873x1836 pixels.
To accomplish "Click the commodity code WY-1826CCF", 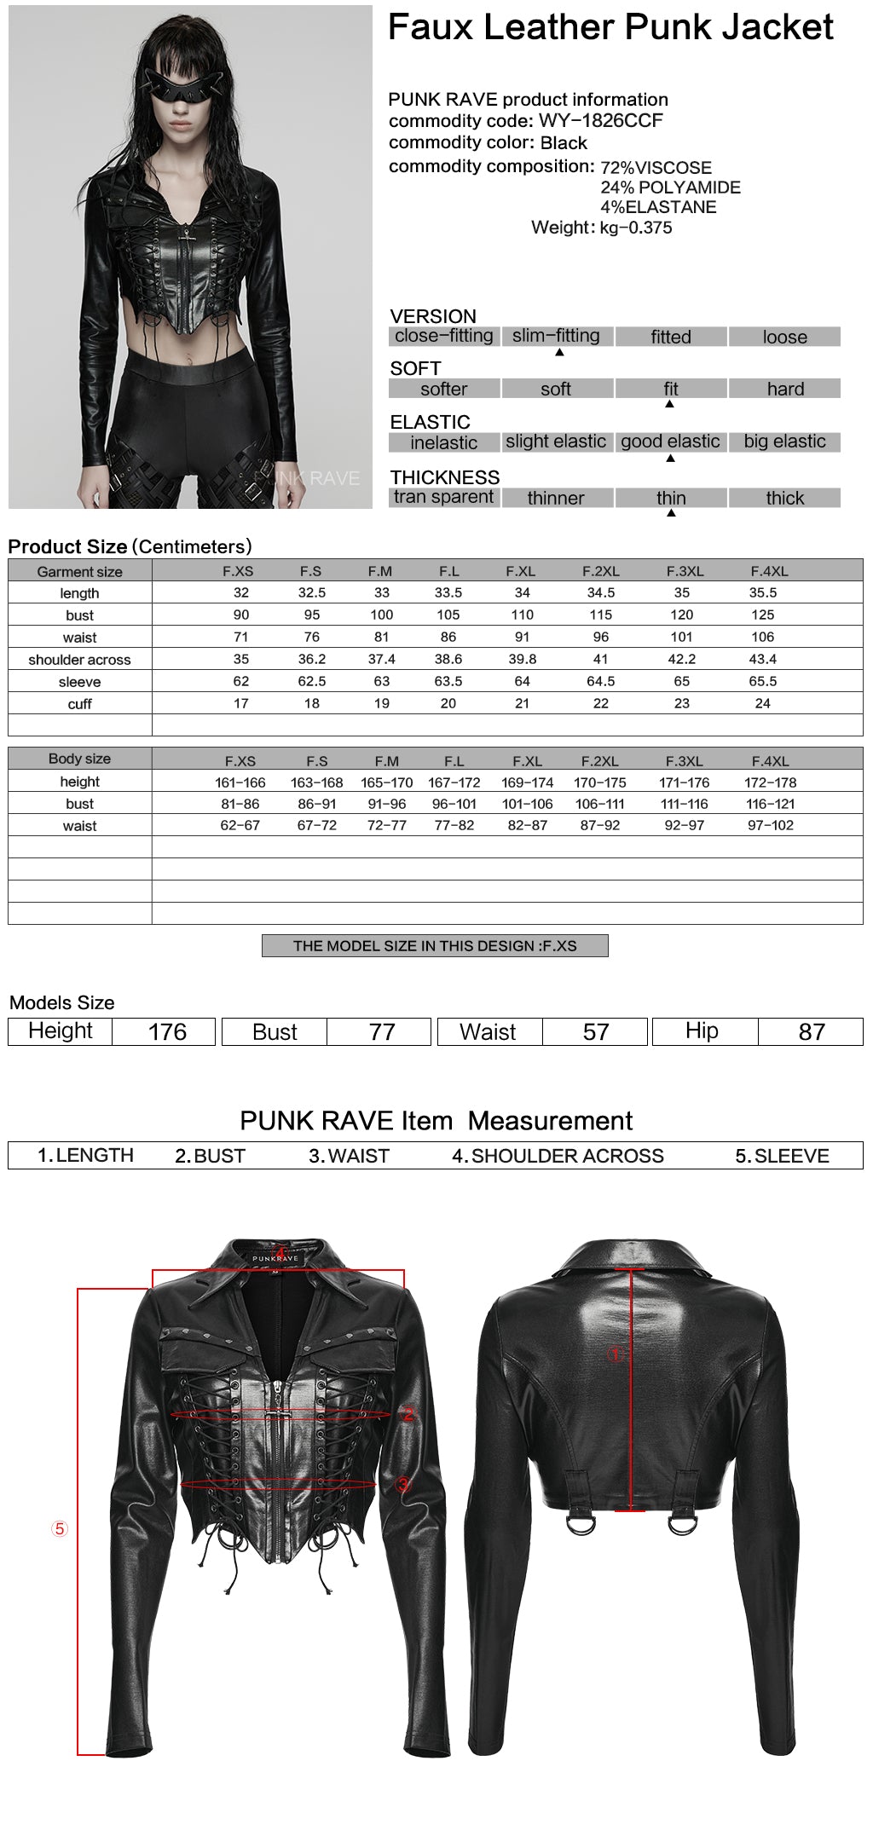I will click(x=600, y=121).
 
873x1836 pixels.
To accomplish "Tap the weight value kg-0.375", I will click(x=635, y=228).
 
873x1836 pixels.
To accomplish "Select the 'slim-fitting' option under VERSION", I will click(x=556, y=336).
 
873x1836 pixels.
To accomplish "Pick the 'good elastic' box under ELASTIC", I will click(x=670, y=442).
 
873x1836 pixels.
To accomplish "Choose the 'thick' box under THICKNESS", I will click(x=784, y=498).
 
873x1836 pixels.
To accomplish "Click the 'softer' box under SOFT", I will click(x=443, y=390).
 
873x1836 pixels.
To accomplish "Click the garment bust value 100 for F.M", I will click(x=381, y=615).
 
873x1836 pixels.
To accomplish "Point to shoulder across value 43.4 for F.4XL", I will click(x=762, y=659).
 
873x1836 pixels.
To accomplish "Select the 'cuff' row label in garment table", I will click(x=79, y=704).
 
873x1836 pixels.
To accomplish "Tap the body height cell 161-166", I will click(x=240, y=782).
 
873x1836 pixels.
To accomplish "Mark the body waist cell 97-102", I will click(x=770, y=825).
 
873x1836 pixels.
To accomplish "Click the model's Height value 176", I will click(x=167, y=1032).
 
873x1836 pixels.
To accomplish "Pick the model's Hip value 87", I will click(x=811, y=1032).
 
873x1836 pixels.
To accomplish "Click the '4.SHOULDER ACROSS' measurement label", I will click(x=558, y=1156).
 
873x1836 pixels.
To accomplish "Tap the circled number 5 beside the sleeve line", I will click(x=59, y=1528).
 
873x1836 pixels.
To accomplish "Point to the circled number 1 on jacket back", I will click(x=616, y=1354).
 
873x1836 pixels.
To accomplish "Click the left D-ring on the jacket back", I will click(x=581, y=1523).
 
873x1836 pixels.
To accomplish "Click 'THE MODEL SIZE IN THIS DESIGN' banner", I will click(x=435, y=946).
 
